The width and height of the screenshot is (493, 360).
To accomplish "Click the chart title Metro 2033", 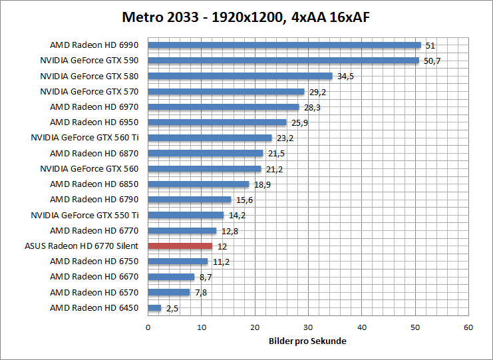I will tap(246, 17).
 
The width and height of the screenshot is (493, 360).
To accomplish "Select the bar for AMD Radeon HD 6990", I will tap(284, 45).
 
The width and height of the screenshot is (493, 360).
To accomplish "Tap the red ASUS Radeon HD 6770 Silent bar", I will tap(180, 246).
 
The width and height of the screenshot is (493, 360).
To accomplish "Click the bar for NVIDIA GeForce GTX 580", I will tap(240, 76).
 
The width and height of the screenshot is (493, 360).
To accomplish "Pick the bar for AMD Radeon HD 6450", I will tap(154, 307).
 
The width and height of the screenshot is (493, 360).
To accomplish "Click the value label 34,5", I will tap(345, 77).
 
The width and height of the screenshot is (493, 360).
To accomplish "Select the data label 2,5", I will tap(172, 308).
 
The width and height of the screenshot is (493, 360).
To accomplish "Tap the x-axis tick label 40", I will tap(361, 327).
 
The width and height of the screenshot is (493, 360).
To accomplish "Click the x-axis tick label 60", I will tap(468, 327).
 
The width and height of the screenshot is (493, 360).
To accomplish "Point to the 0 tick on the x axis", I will tap(148, 327).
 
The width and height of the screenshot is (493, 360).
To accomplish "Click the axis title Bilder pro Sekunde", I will tap(307, 341).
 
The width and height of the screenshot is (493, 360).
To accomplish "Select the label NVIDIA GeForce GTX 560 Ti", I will tap(84, 138).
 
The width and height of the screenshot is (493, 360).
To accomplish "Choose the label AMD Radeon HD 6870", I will tap(94, 153).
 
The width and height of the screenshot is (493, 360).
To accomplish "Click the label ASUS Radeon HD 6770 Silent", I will tap(81, 246).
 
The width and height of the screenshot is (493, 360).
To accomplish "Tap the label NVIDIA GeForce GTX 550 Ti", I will tap(84, 215).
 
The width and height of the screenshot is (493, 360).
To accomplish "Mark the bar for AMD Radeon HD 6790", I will tap(189, 200).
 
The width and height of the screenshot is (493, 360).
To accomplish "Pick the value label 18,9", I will tap(262, 184).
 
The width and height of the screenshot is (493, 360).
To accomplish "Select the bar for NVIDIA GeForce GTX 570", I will tap(226, 91).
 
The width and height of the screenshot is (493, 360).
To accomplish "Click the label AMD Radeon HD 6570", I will tap(94, 292).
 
